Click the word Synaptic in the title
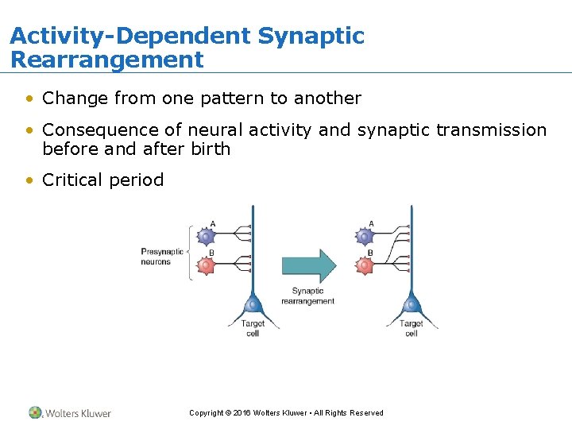tap(311, 37)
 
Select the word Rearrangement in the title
tap(106, 60)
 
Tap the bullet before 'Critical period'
tap(29, 180)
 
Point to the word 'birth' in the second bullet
tap(211, 149)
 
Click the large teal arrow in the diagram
tap(309, 265)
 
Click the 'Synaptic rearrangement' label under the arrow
tap(307, 296)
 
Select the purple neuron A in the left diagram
tap(206, 236)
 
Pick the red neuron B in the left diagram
tap(206, 265)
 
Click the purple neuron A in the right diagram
tap(365, 236)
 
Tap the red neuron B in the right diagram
tap(365, 265)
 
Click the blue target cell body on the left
tap(253, 304)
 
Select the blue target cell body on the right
tap(411, 304)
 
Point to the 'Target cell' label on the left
tap(252, 328)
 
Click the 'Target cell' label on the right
tap(411, 328)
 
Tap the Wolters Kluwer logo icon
tap(35, 412)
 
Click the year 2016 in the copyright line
tap(242, 413)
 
